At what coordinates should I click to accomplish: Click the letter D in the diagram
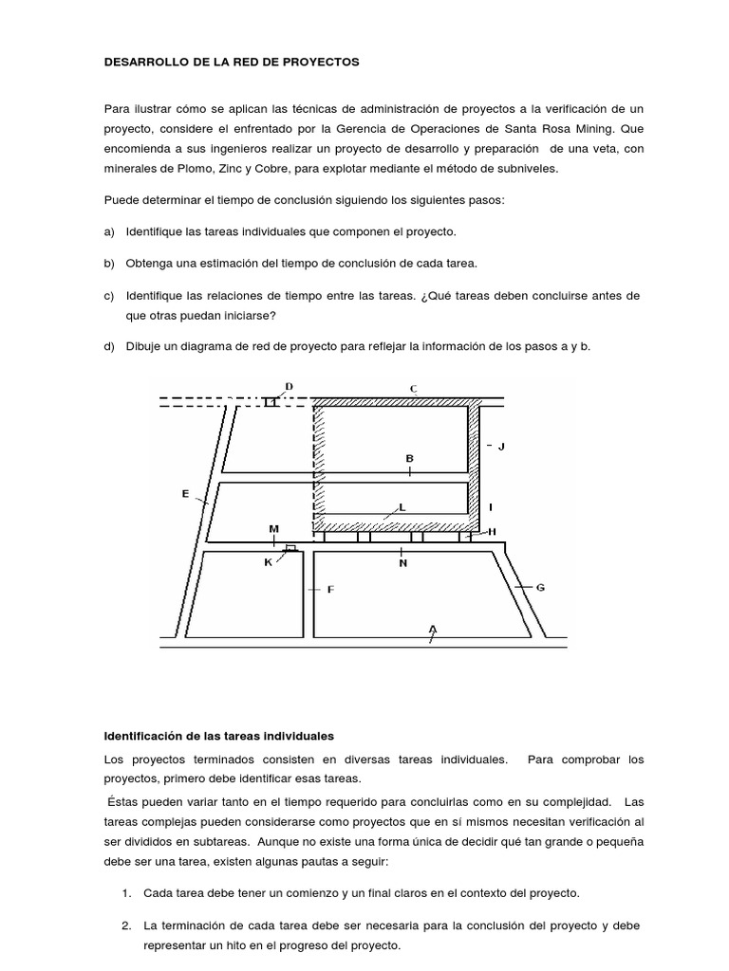(290, 385)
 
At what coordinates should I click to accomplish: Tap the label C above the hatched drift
(413, 388)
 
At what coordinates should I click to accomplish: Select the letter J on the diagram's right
(501, 446)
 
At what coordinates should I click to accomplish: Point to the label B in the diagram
(410, 458)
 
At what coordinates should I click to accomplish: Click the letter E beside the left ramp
(185, 493)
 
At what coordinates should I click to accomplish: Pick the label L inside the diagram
(402, 507)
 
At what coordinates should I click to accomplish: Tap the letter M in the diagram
(274, 528)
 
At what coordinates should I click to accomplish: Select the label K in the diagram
(268, 562)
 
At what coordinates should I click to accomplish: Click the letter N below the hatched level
(402, 563)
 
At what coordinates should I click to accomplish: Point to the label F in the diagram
(330, 590)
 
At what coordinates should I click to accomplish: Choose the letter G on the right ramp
(540, 587)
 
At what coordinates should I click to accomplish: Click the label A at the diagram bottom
(433, 629)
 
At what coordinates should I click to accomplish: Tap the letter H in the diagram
(492, 532)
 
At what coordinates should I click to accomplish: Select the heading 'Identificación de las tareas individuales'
(219, 736)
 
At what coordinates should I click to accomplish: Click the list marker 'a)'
(109, 231)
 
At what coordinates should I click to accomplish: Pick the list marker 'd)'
(109, 347)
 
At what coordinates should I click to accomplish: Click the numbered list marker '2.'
(127, 925)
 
